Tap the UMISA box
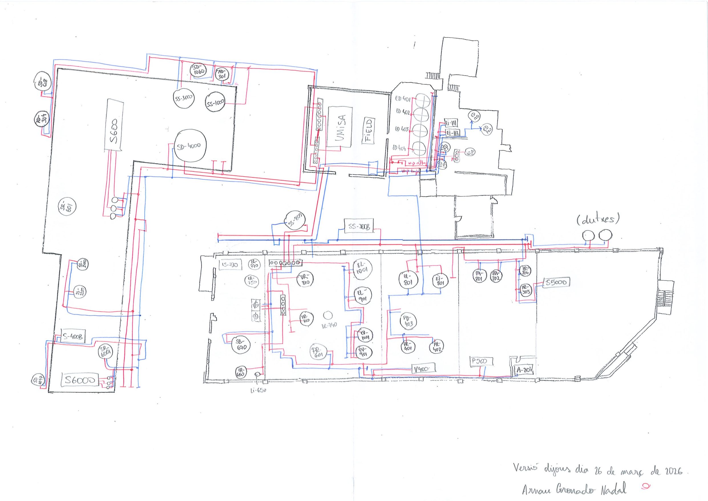click(340, 127)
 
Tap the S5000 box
click(556, 282)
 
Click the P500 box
click(481, 361)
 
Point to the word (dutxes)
click(598, 219)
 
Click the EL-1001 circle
click(362, 270)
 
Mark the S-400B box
click(72, 337)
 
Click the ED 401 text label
click(403, 99)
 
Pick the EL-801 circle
click(409, 280)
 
